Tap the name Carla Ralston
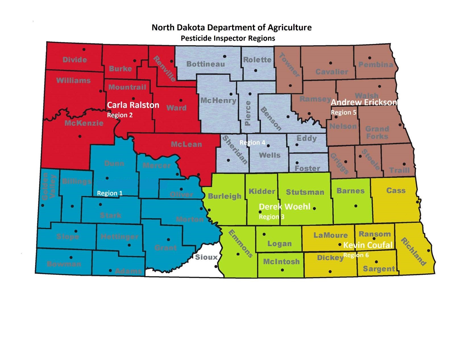click(133, 105)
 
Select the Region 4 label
click(252, 142)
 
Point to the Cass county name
click(396, 191)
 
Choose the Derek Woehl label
click(285, 207)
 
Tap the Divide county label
click(74, 60)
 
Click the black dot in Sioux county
click(216, 267)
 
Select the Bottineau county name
click(206, 64)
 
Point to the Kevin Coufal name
click(368, 245)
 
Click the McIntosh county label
click(281, 261)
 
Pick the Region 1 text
click(110, 193)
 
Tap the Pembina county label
click(375, 64)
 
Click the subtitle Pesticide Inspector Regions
click(228, 38)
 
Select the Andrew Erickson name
click(364, 102)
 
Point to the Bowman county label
click(64, 264)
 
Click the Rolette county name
click(257, 60)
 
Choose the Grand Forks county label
click(377, 132)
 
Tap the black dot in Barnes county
click(356, 206)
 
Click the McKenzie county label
click(84, 123)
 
